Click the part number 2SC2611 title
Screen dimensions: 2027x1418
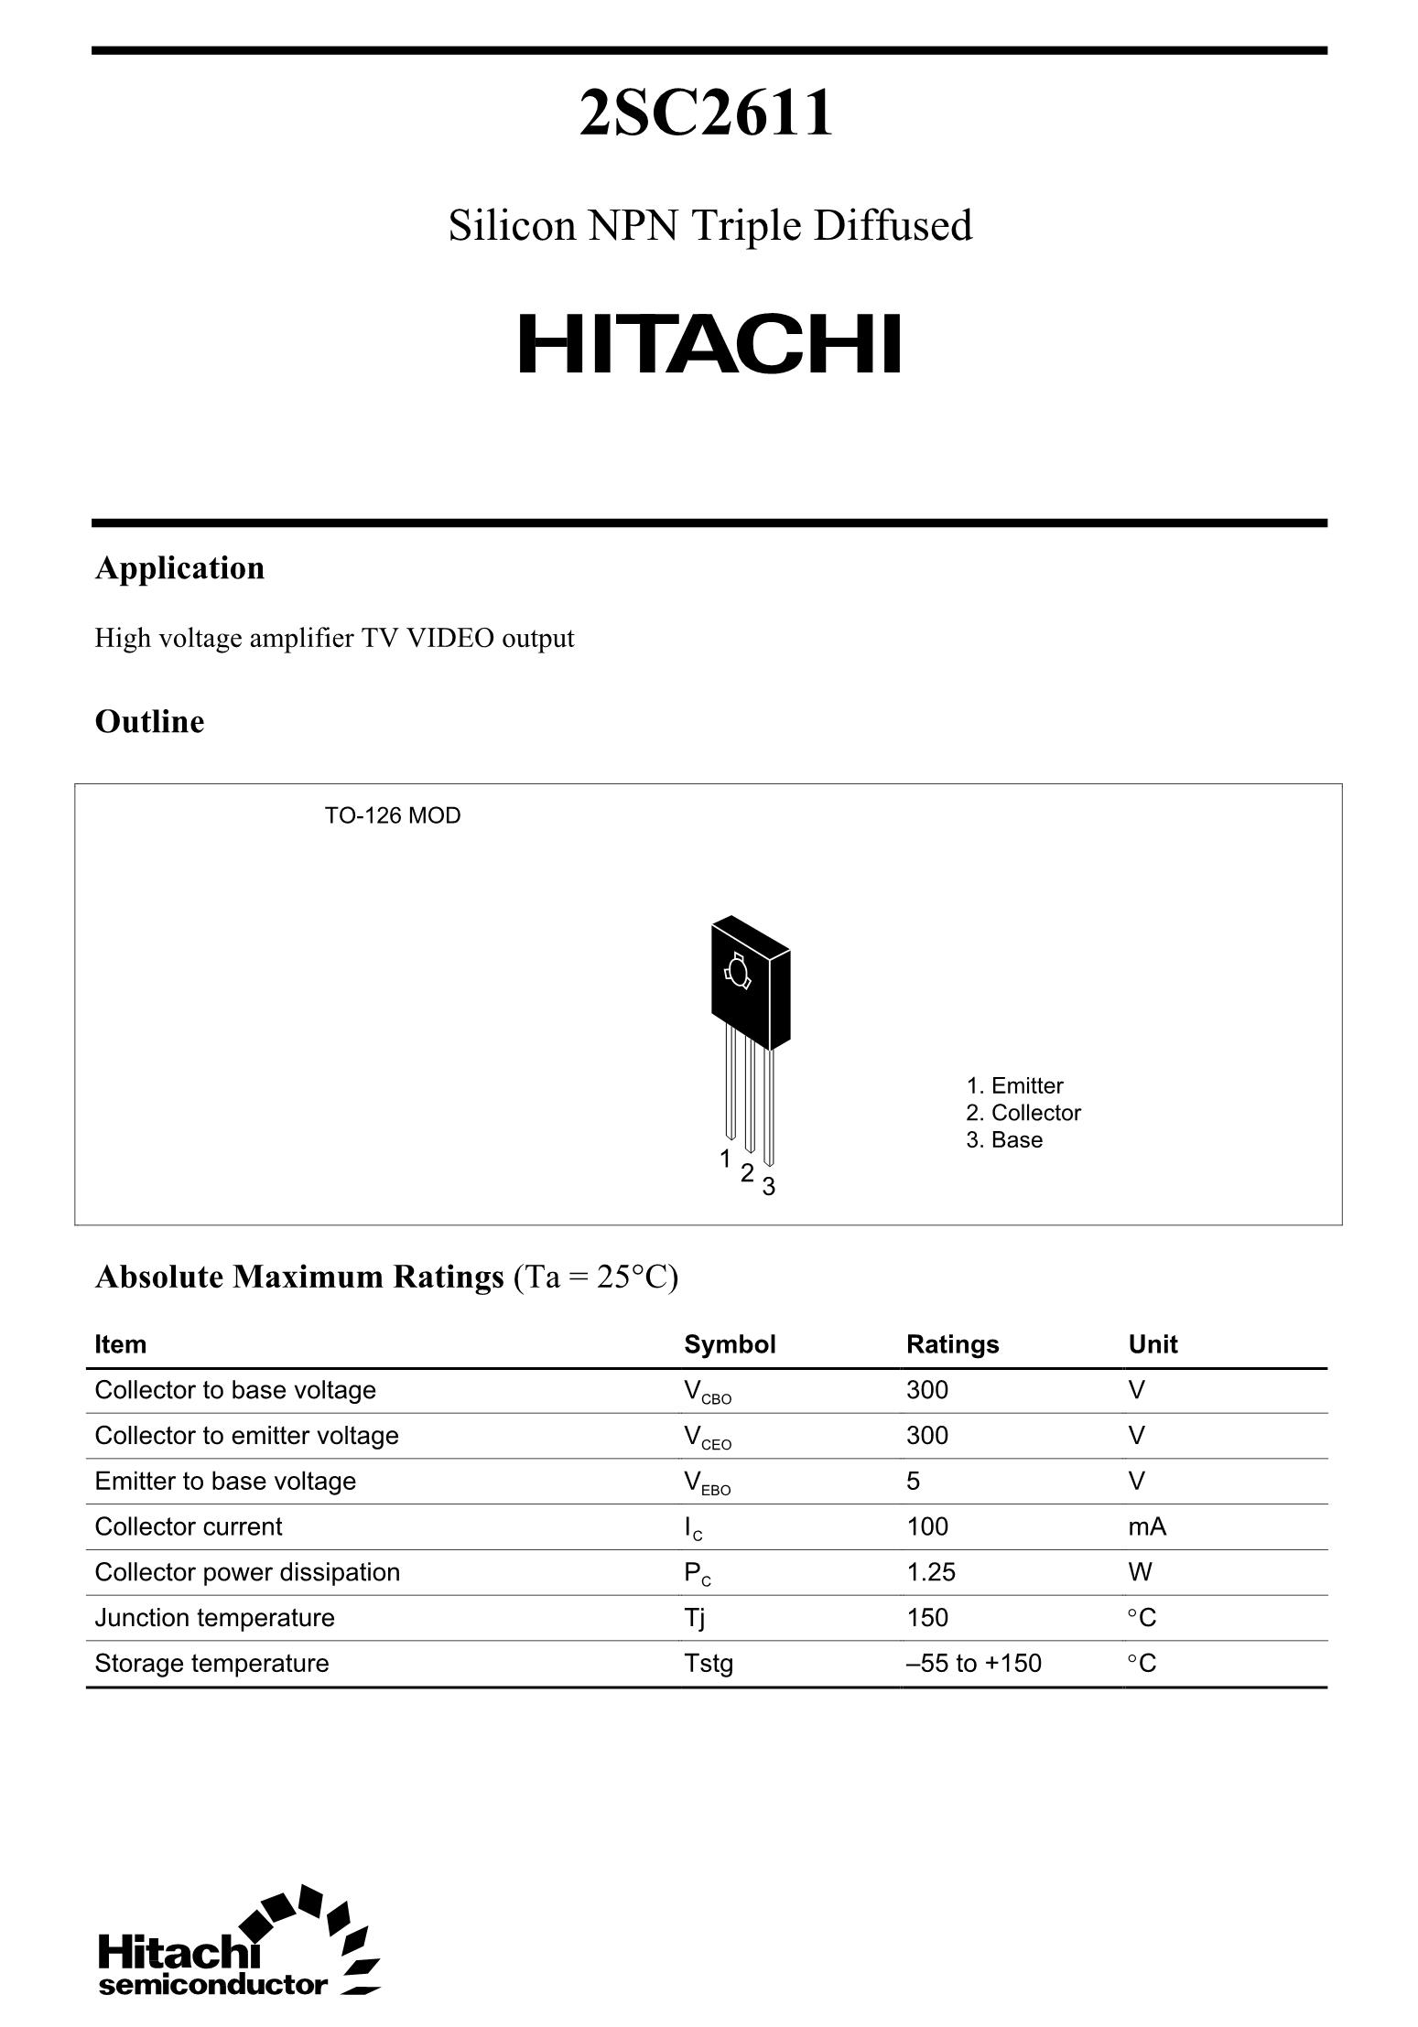point(707,113)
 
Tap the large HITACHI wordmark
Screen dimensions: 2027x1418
point(709,345)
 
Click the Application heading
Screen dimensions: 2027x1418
point(179,568)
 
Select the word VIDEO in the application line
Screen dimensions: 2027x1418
point(449,638)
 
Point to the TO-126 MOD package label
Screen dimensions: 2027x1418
point(393,815)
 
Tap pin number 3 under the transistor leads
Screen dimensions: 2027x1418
point(769,1187)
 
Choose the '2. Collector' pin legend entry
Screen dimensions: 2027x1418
point(1023,1113)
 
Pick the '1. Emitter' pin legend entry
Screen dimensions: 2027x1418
point(1014,1085)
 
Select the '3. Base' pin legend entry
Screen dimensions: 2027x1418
point(1004,1139)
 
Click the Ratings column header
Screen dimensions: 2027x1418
point(952,1344)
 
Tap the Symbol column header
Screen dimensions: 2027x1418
point(730,1344)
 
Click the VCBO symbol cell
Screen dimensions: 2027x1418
point(707,1392)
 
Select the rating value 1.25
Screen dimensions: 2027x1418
point(930,1572)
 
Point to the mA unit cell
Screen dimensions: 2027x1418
point(1147,1526)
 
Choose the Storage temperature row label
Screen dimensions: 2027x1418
point(211,1663)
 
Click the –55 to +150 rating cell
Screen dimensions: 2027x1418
point(973,1663)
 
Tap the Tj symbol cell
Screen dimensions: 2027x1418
point(694,1618)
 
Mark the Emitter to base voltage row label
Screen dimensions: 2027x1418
point(225,1481)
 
